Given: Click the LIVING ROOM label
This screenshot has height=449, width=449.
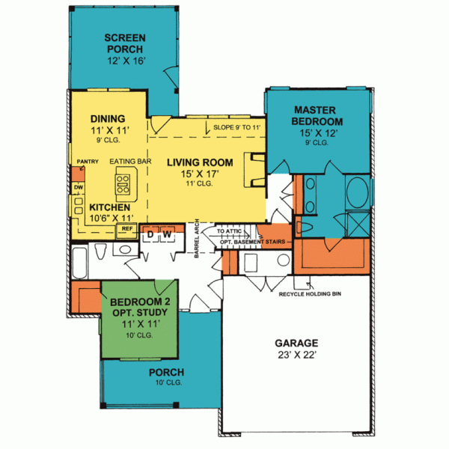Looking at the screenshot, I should coord(200,162).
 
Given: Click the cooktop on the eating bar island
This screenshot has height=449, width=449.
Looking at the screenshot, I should coord(123,180).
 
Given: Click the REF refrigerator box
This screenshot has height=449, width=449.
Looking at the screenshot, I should coord(127,228).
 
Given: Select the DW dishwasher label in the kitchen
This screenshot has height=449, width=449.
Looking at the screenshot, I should coord(78,187).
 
